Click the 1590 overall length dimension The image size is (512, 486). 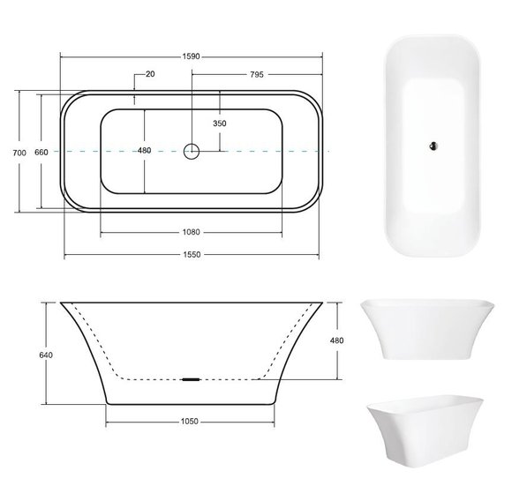191,56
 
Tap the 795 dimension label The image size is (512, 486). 257,74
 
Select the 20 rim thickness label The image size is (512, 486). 150,74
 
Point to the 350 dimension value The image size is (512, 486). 220,123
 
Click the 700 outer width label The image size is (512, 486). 19,153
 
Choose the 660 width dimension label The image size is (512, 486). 41,152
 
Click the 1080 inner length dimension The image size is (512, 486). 191,232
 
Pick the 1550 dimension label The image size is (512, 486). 192,254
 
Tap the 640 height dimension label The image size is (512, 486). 46,355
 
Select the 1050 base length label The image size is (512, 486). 190,422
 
